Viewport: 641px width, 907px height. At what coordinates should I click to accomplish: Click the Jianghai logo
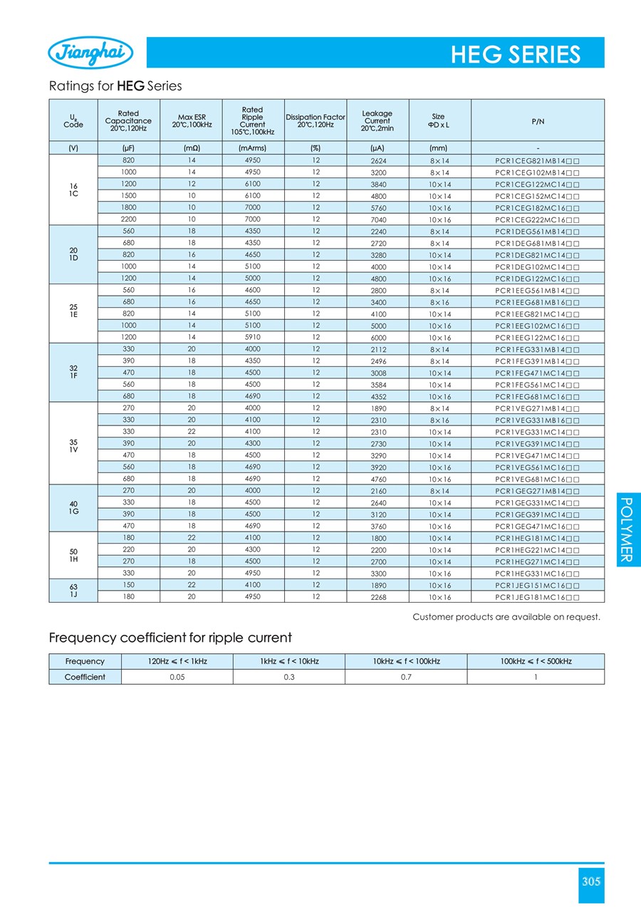click(x=90, y=53)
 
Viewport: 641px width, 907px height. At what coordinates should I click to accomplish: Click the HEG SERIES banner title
click(x=515, y=55)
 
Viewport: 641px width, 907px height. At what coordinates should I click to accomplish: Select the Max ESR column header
click(x=192, y=120)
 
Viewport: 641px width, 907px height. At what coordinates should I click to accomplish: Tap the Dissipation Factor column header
click(x=315, y=120)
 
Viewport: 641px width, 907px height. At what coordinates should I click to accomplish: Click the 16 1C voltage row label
click(x=73, y=189)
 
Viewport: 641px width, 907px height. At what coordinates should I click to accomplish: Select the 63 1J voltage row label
click(x=73, y=591)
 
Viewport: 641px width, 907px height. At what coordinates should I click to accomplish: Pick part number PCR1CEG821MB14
click(x=537, y=160)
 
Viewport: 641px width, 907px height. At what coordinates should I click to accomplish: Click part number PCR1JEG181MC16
click(x=537, y=597)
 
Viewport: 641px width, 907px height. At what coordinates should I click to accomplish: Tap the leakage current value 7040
click(x=378, y=219)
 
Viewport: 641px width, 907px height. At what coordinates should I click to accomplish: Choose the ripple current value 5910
click(x=253, y=337)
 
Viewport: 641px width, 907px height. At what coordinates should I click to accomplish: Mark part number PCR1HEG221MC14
click(x=537, y=550)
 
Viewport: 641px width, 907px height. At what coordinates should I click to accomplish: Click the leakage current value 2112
click(x=378, y=349)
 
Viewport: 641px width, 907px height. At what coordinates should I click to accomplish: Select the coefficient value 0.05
click(x=177, y=677)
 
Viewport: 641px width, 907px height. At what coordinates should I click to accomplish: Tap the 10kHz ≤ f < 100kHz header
click(x=406, y=661)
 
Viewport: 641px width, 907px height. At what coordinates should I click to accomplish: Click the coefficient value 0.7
click(x=406, y=677)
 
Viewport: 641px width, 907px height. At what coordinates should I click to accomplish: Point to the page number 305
click(x=591, y=881)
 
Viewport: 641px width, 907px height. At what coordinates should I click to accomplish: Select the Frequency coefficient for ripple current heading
click(x=170, y=637)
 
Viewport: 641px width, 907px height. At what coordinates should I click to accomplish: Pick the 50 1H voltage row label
click(x=73, y=556)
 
